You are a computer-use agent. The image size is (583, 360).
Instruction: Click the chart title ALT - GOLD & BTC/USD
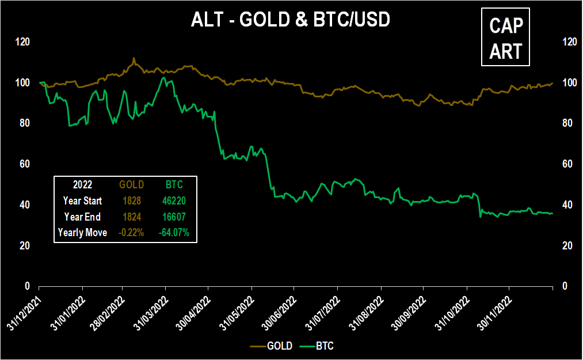point(291,20)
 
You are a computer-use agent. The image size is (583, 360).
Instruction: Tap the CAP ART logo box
point(505,39)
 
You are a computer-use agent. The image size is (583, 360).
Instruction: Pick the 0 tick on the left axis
point(26,286)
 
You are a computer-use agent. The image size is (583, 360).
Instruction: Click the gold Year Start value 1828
point(130,201)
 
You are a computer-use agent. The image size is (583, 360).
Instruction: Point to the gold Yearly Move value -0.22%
point(130,233)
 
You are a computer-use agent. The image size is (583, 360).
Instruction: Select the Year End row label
point(82,217)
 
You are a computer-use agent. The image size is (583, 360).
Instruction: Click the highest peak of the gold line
point(134,58)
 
